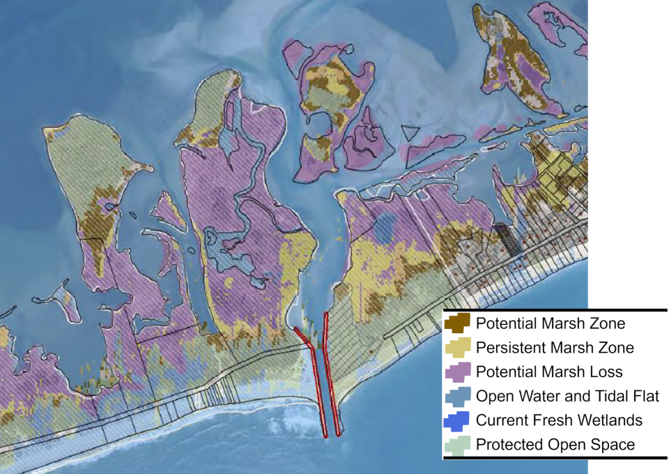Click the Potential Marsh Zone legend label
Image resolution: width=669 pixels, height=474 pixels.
[x=550, y=323]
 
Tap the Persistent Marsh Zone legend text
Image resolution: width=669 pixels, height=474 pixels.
[x=555, y=347]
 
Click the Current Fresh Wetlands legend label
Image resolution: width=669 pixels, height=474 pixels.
[x=559, y=420]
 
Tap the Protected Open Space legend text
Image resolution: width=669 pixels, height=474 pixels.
[x=555, y=445]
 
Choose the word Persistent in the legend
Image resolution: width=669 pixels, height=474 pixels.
[x=510, y=347]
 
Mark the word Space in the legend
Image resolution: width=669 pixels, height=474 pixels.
[x=614, y=445]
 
